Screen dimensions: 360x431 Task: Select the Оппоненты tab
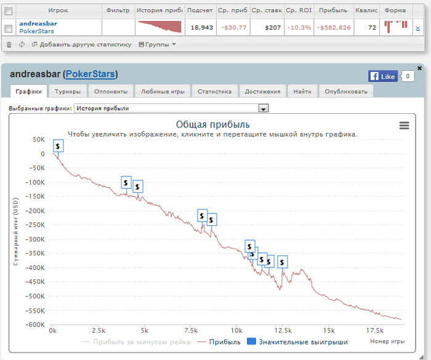click(x=111, y=91)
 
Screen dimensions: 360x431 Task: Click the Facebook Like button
click(x=382, y=76)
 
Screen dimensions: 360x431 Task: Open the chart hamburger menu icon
click(x=404, y=126)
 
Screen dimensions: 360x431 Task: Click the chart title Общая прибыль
click(x=212, y=125)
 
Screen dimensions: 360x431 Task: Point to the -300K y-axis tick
click(x=36, y=239)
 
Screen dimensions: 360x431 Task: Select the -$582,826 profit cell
click(x=334, y=27)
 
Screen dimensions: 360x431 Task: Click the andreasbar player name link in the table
click(x=38, y=23)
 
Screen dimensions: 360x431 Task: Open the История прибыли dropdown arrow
click(x=264, y=108)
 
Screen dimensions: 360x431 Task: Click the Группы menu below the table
click(x=158, y=44)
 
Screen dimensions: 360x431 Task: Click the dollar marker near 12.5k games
click(x=282, y=262)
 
